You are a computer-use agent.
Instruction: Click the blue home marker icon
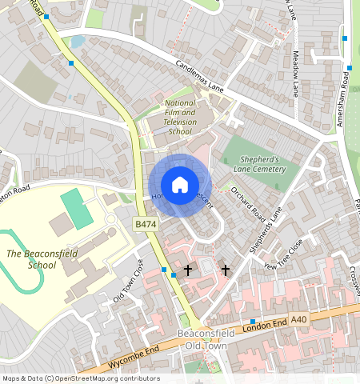[x=180, y=185]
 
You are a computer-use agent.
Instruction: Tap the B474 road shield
[x=145, y=226]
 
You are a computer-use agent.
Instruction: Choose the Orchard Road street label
[x=246, y=202]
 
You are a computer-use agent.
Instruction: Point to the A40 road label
[x=298, y=319]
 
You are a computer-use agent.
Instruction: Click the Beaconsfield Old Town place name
[x=202, y=339]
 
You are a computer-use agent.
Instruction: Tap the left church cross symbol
[x=188, y=270]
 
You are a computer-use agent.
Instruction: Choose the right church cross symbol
[x=226, y=270]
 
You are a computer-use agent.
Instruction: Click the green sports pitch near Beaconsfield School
[x=77, y=207]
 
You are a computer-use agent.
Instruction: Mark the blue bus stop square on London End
[x=252, y=321]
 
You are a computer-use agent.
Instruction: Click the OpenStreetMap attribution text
[x=80, y=378]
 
